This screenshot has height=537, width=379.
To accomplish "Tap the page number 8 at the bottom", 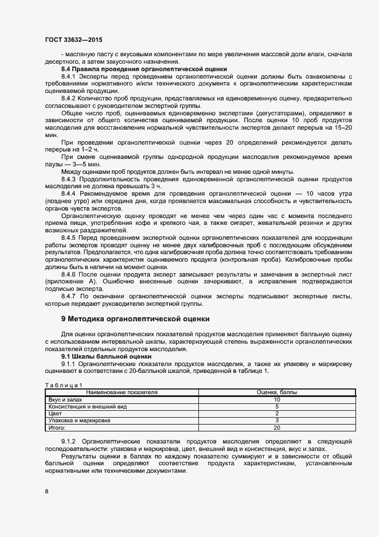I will (46, 492).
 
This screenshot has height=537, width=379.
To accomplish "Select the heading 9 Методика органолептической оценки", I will (135, 318).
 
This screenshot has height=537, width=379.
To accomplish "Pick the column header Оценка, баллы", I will (276, 392).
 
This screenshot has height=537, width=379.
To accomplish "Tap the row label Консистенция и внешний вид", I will (88, 406).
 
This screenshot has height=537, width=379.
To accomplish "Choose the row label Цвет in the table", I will (55, 413).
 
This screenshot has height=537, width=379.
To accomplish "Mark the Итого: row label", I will (57, 427).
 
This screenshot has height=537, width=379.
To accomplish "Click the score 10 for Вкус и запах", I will (276, 399).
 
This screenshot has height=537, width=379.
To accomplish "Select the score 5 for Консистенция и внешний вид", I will (276, 406).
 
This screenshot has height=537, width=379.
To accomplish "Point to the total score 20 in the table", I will (276, 427).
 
